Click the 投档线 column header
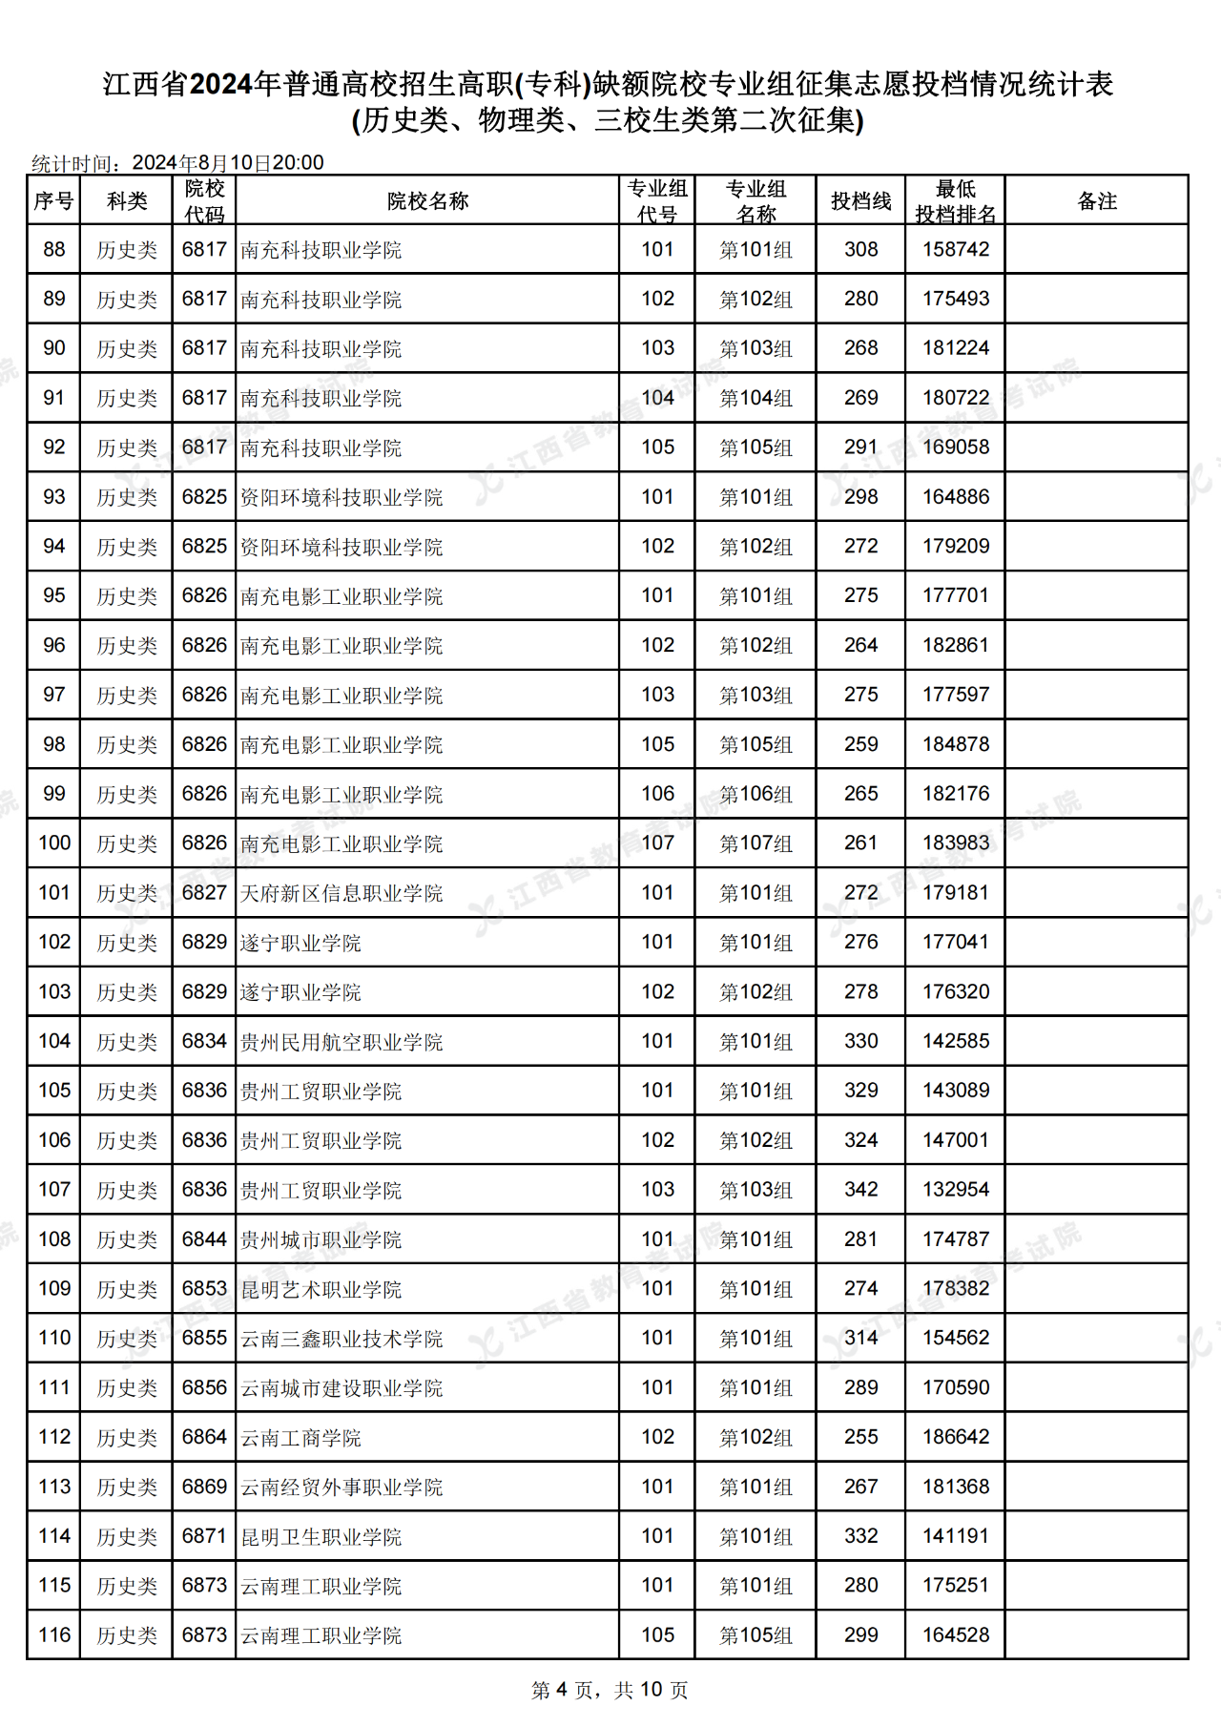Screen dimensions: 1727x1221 coord(860,201)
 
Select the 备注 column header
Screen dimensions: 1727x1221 coord(1096,201)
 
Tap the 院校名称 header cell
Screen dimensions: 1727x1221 coord(427,201)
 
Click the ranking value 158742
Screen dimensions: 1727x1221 coord(955,250)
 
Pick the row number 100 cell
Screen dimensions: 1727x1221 coord(54,843)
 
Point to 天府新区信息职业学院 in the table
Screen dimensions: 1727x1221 coord(341,894)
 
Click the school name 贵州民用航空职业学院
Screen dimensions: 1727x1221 coord(341,1042)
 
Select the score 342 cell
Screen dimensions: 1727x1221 coord(860,1190)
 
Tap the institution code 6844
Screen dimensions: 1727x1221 coord(204,1239)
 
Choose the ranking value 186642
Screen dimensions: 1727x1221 coord(955,1438)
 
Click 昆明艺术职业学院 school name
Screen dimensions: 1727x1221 coord(321,1290)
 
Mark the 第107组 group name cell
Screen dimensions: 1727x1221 coord(755,844)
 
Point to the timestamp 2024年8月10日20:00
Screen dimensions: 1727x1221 coord(228,163)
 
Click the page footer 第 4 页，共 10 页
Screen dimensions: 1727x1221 coord(610,1690)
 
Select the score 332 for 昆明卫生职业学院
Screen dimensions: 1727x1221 coord(860,1536)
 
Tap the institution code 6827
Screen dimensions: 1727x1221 coord(204,893)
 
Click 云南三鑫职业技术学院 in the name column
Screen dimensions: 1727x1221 coord(341,1340)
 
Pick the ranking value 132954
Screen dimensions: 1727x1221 coord(955,1190)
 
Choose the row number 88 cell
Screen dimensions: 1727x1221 coord(54,250)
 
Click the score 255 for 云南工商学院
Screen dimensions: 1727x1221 coord(860,1438)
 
